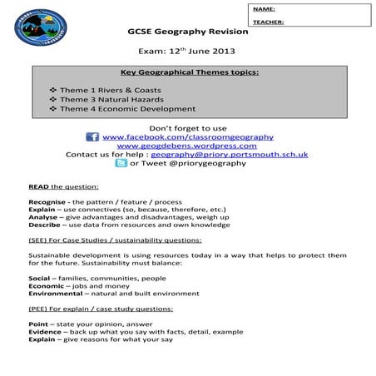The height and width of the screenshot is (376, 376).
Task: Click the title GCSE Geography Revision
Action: point(187,32)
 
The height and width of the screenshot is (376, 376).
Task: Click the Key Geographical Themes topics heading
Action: point(189,72)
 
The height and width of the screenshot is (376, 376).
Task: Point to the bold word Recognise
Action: point(47,202)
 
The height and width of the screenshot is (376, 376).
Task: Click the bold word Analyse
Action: point(42,218)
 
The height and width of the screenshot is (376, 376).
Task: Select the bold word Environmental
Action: point(54,293)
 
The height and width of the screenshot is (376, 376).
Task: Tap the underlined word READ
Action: point(37,186)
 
